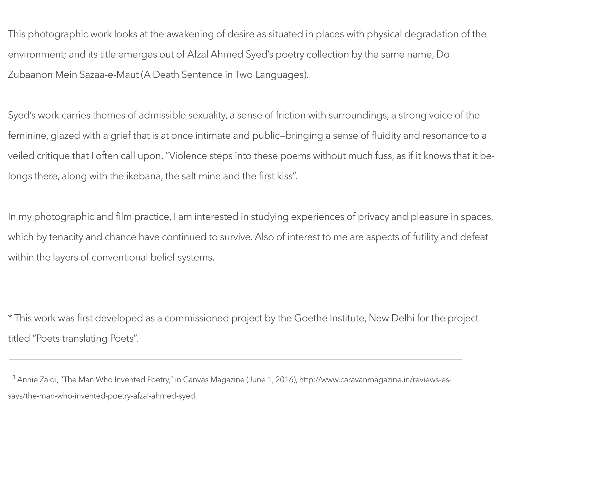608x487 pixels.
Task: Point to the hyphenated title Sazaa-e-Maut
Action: pyautogui.click(x=109, y=75)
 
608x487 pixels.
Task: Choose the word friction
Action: pyautogui.click(x=290, y=115)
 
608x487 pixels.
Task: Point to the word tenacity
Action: pyautogui.click(x=66, y=237)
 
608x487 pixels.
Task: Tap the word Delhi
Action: pyautogui.click(x=403, y=318)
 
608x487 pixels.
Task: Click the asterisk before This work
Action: pyautogui.click(x=10, y=317)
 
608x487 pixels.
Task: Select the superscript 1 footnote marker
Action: pyautogui.click(x=14, y=377)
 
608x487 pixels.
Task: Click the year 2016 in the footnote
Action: pyautogui.click(x=285, y=380)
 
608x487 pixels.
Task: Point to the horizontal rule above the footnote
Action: pyautogui.click(x=235, y=359)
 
